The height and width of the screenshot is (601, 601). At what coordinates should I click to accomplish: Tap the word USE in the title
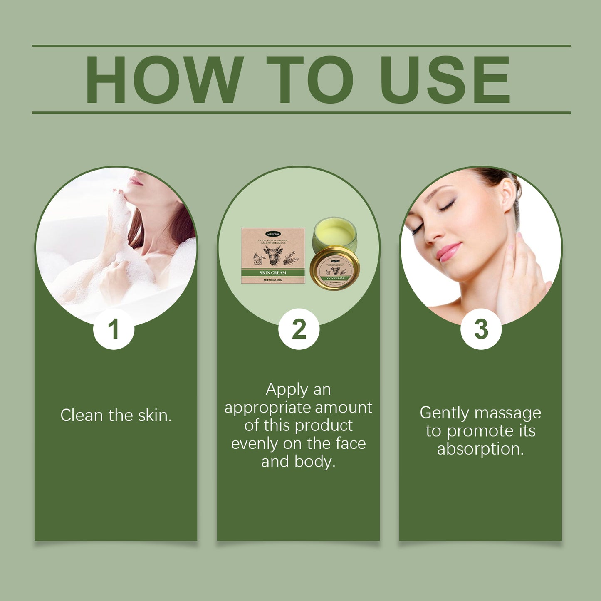[x=445, y=79]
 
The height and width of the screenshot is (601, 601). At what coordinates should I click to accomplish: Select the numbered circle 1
[x=114, y=329]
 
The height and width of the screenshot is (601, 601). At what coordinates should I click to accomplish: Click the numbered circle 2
[x=299, y=329]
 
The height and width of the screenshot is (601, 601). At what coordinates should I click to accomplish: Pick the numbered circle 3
[x=481, y=329]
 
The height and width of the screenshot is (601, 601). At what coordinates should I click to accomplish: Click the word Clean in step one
[x=82, y=416]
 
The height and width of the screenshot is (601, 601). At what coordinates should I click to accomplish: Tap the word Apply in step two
[x=286, y=390]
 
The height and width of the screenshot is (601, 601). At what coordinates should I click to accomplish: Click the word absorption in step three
[x=480, y=449]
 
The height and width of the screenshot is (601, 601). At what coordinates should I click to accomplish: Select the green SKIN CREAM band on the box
[x=273, y=273]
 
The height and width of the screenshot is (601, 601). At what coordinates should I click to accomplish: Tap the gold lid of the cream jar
[x=335, y=268]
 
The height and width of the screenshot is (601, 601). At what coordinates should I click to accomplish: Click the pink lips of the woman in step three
[x=449, y=252]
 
